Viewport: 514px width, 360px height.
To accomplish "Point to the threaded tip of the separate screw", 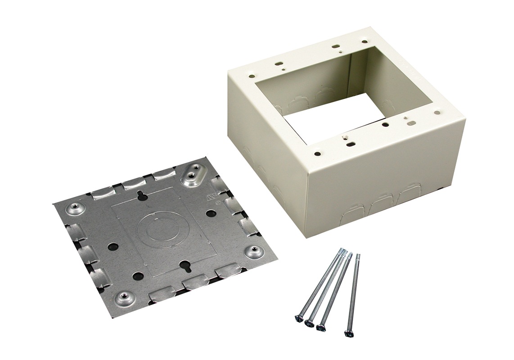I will click(358, 256).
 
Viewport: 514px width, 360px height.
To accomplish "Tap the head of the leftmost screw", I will click(298, 319).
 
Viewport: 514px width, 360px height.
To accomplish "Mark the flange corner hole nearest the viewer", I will click(319, 153).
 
